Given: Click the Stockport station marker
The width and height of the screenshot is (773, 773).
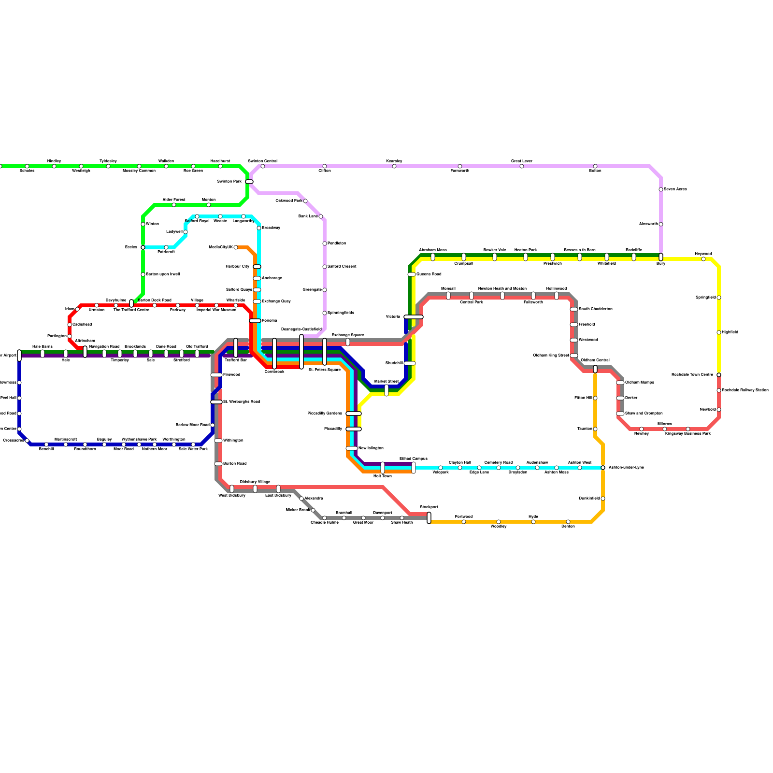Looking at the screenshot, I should [429, 518].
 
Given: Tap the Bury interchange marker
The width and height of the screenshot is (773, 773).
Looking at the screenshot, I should [661, 257].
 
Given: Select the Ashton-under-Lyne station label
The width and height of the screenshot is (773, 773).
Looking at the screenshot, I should [626, 468].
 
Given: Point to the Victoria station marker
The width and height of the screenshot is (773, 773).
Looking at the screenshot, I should [414, 317].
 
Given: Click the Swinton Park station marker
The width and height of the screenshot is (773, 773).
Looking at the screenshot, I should [249, 182].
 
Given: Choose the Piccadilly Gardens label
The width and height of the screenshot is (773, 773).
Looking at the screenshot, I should [325, 414].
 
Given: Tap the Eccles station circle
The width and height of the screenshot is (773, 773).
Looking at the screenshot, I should [143, 247].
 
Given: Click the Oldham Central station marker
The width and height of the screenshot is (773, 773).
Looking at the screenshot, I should [595, 369].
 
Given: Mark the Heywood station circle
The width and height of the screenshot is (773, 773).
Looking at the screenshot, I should [703, 259].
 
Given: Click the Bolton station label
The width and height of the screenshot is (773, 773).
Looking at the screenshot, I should [595, 171].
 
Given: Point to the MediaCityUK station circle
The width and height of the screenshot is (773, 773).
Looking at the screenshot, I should [236, 247].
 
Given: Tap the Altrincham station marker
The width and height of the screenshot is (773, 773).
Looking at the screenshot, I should [85, 352].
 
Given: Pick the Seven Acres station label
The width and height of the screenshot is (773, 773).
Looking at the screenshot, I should [675, 189].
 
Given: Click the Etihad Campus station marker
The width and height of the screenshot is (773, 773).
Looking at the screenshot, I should [414, 468].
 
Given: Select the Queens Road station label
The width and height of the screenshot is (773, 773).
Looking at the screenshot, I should [429, 274].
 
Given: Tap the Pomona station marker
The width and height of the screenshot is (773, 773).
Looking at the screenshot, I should [255, 321].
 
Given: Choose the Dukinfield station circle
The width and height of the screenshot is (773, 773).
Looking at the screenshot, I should [603, 499].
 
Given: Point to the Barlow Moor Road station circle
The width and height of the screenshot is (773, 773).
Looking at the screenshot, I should [213, 425].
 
